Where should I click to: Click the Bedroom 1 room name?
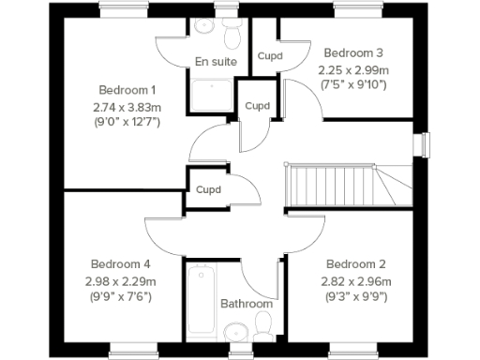coord(127,90)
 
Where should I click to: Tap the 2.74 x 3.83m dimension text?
coord(127,106)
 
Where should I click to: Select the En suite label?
coord(215,62)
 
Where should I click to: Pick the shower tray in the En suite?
coord(212,95)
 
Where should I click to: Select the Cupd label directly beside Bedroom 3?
coord(270,55)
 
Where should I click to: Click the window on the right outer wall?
coord(425,146)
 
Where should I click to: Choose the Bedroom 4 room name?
coord(120,263)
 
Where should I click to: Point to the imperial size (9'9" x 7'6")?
coord(120,296)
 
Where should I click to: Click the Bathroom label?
coord(247,304)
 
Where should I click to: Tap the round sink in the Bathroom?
coord(234,331)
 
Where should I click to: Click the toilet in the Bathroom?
coord(263,326)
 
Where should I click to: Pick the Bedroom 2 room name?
coord(356,263)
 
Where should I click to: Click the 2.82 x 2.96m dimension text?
coord(356,280)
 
